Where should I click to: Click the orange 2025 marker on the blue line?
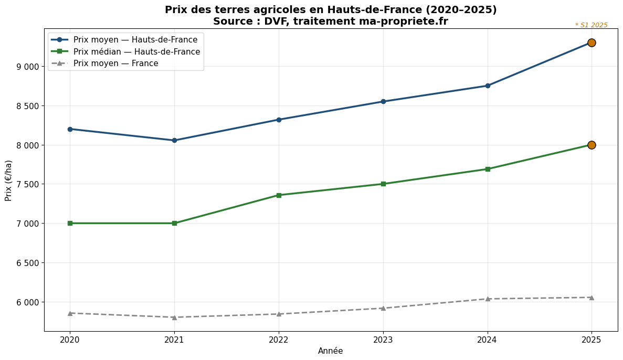click(x=592, y=43)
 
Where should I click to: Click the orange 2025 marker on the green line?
click(x=592, y=145)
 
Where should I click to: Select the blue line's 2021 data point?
click(x=174, y=140)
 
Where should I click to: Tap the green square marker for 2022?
click(x=279, y=195)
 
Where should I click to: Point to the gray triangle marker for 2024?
click(x=488, y=299)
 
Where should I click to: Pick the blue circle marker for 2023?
click(x=383, y=101)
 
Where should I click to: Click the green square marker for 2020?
click(x=70, y=223)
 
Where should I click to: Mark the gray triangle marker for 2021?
click(x=174, y=317)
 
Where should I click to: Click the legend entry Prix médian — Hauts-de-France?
click(x=136, y=51)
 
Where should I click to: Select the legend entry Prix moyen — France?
click(x=115, y=63)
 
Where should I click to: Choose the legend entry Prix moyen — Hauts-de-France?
click(x=135, y=40)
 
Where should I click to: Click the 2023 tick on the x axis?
click(x=383, y=340)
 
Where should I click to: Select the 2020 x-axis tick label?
click(x=70, y=340)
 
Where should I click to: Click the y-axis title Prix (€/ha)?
click(x=8, y=180)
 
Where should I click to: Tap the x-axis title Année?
click(x=331, y=351)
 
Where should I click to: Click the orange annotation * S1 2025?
click(x=591, y=25)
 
